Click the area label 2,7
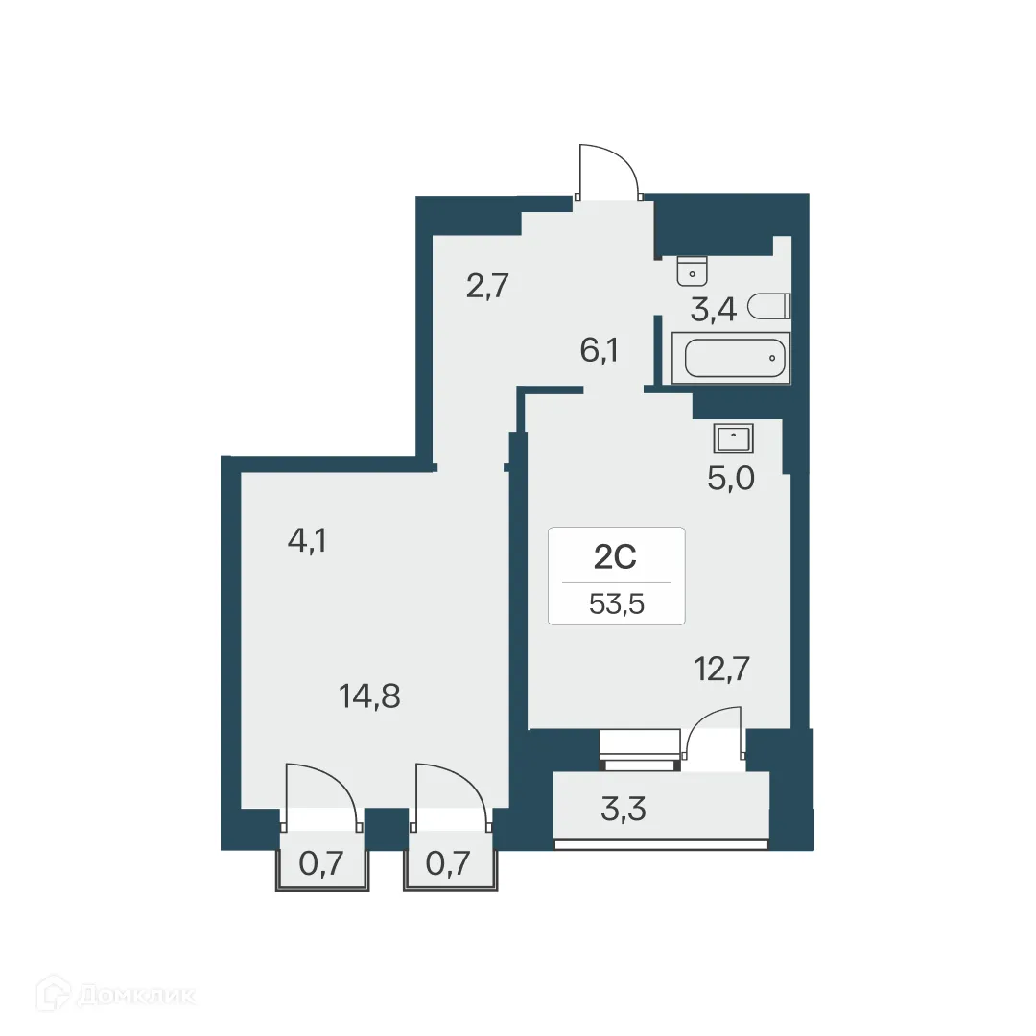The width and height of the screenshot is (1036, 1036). pos(492,286)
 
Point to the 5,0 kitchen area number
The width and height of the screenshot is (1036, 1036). pos(731,479)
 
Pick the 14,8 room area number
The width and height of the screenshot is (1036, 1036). pos(369,695)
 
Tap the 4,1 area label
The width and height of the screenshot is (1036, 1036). pos(307,541)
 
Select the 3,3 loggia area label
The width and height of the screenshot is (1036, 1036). pos(623,811)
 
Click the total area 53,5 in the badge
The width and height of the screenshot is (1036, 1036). pos(616,604)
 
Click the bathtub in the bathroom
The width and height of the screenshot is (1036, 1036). pos(731,358)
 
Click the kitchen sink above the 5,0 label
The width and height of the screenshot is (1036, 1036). pos(734,438)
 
